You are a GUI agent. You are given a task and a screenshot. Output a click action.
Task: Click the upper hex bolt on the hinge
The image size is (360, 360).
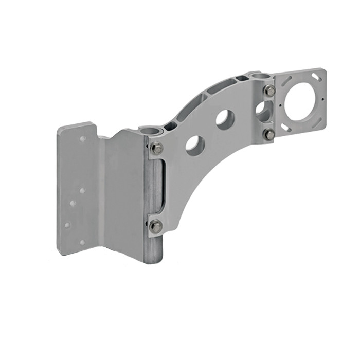(x=157, y=149)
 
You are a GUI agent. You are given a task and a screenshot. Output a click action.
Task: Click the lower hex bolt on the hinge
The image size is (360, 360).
(x=155, y=226)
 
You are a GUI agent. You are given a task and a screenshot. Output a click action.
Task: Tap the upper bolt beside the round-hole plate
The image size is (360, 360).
(x=269, y=91)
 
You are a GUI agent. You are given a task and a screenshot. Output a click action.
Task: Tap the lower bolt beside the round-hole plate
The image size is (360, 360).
(x=268, y=135)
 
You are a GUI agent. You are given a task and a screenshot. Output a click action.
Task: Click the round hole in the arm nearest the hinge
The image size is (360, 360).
(x=195, y=145)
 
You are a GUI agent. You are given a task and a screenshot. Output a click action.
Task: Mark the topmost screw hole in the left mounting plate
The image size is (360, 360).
(x=83, y=139)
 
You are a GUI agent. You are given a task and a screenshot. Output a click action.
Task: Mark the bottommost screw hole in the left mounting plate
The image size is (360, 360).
(x=82, y=242)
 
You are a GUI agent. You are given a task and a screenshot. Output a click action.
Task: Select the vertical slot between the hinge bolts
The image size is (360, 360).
(x=161, y=186)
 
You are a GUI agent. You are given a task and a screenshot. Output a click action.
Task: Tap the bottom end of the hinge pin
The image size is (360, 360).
(x=153, y=260)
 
